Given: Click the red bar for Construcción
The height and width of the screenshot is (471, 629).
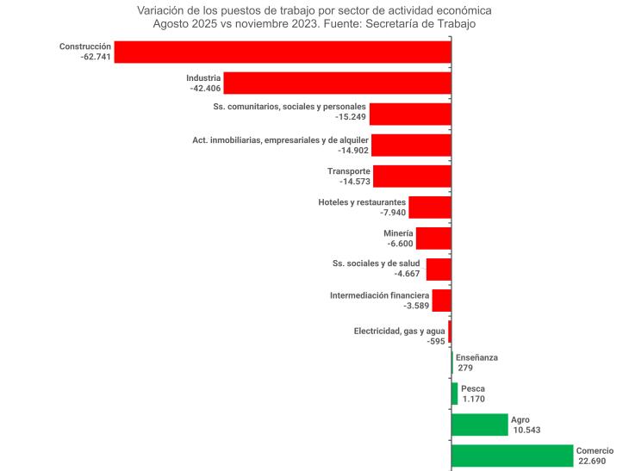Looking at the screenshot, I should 283,52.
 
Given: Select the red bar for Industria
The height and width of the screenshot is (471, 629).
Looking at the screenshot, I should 338,83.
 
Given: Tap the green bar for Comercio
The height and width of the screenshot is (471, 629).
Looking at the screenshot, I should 512,456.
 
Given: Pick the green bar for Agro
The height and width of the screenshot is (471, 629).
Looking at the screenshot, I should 479,425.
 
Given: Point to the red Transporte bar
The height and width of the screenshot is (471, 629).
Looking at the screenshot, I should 412,177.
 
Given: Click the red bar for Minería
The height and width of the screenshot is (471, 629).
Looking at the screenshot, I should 433,239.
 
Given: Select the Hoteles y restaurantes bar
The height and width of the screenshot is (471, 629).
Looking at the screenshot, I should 430,208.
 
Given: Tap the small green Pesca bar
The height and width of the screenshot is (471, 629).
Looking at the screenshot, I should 455,394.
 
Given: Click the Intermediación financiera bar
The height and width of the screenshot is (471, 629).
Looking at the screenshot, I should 441,301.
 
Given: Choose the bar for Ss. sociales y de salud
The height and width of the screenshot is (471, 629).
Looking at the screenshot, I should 439,270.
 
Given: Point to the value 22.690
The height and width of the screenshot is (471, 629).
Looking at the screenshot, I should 594,461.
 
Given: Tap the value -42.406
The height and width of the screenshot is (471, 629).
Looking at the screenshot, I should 203,88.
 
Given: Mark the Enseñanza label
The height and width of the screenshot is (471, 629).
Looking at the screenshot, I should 477,357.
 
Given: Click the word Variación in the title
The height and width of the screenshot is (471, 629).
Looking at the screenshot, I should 163,10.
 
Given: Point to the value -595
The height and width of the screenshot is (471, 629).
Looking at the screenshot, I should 435,342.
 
